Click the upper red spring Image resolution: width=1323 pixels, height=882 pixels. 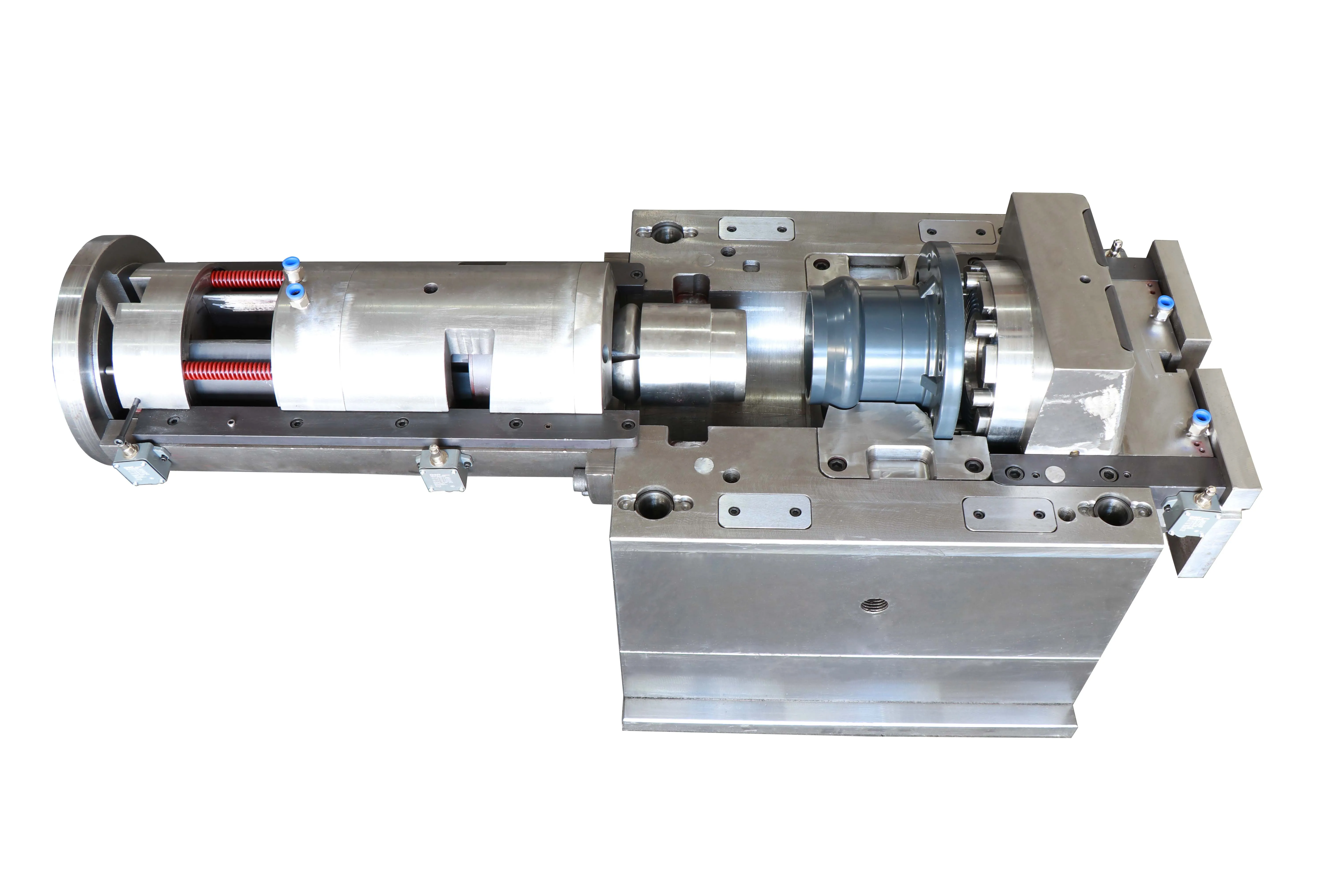click(247, 278)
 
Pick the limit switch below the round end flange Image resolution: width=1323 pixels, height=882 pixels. click(141, 464)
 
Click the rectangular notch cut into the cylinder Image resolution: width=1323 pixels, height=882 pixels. click(470, 366)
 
